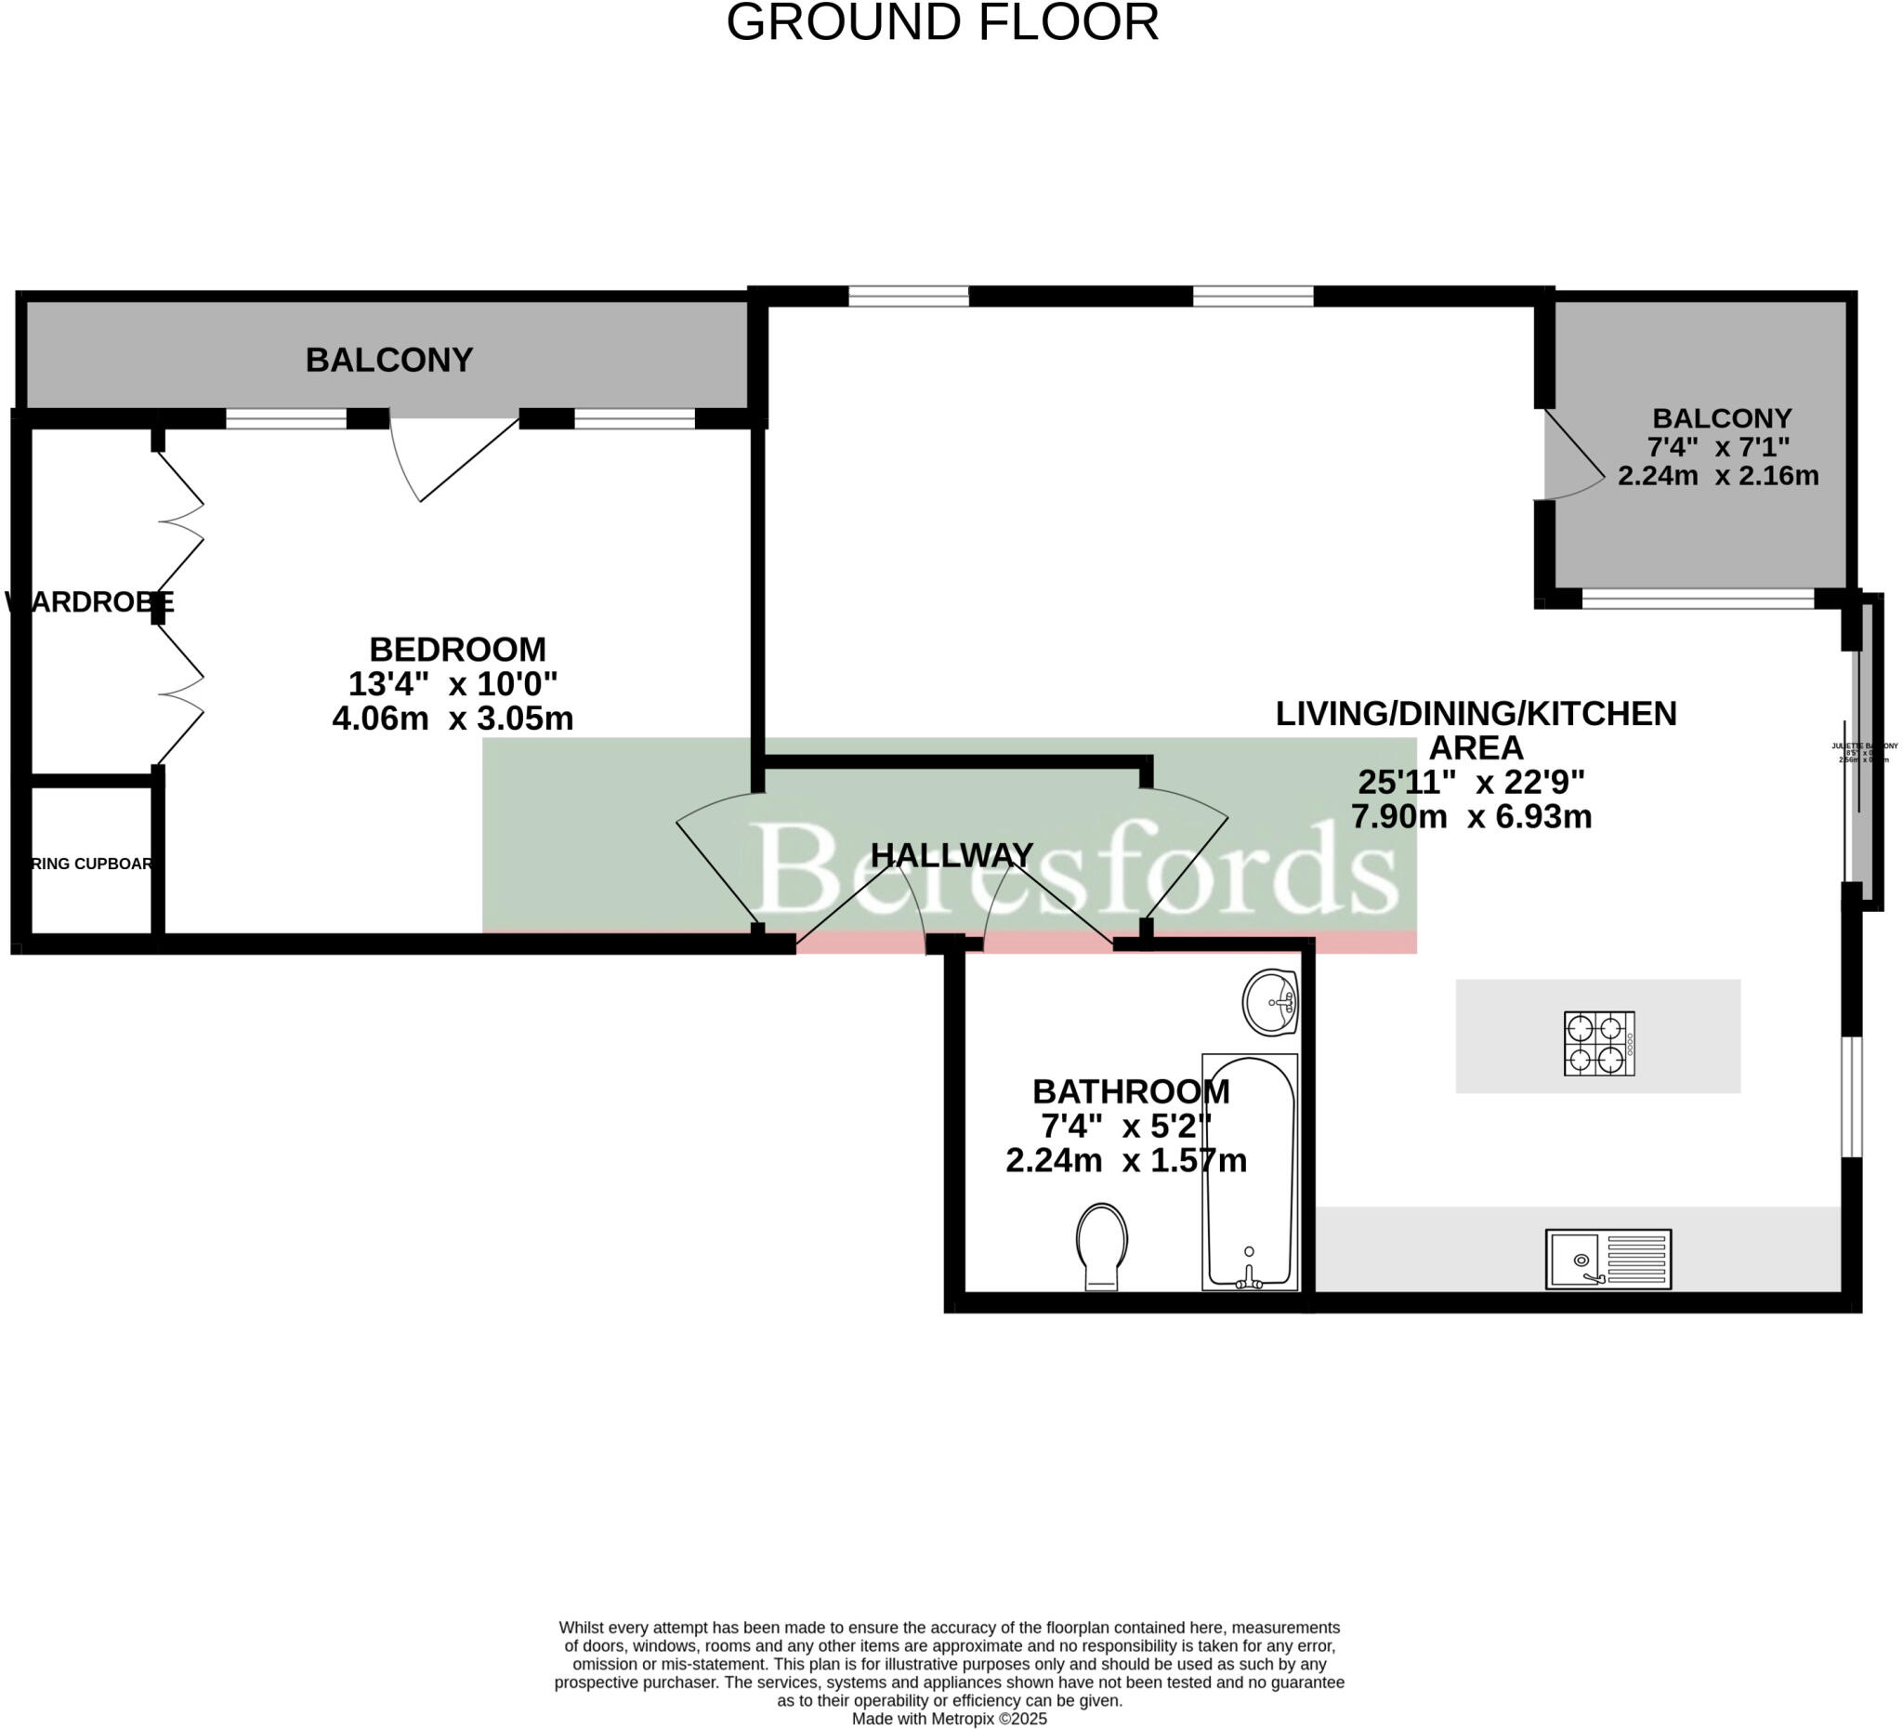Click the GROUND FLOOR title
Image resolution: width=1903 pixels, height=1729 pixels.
[942, 22]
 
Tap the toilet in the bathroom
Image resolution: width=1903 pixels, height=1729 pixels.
[1102, 1244]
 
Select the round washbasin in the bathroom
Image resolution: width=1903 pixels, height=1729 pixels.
[1269, 1002]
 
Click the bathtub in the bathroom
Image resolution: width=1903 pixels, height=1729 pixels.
[1249, 1171]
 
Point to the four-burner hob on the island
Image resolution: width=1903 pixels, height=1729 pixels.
[1598, 1044]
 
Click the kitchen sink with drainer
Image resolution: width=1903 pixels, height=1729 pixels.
[1608, 1259]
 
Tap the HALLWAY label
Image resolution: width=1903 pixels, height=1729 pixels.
[951, 855]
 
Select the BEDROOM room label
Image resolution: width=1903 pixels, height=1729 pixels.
[457, 650]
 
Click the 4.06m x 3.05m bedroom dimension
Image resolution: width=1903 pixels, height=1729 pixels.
[453, 719]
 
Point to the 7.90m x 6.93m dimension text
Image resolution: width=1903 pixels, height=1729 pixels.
[1471, 816]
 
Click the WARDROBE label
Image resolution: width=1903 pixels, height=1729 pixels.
[90, 601]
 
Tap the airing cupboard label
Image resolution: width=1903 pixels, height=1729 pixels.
[91, 863]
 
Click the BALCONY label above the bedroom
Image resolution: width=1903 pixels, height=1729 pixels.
[389, 360]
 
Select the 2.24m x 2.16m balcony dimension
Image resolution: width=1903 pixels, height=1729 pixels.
[1718, 475]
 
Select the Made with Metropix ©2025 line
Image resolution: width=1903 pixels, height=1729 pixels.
[949, 1719]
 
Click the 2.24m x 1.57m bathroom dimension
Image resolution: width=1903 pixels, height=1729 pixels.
[1126, 1160]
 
